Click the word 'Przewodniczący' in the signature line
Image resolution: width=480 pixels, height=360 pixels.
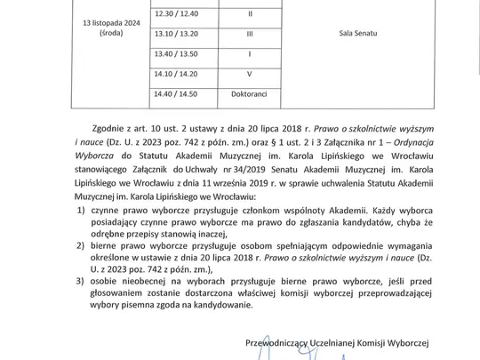pyautogui.click(x=306, y=340)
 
